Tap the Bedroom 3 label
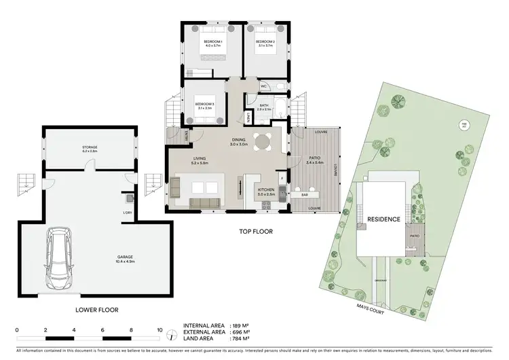click(205, 106)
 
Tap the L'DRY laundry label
click(127, 213)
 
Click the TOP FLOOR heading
click(255, 232)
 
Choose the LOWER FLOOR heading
click(97, 310)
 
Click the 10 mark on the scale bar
click(160, 330)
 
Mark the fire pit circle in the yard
click(464, 125)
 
